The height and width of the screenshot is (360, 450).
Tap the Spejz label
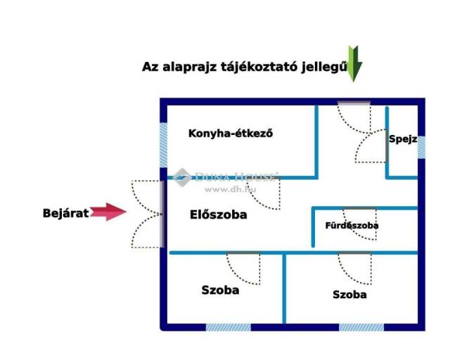click(x=403, y=139)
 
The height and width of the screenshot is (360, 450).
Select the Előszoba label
click(x=219, y=215)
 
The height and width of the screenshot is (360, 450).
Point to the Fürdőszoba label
click(x=352, y=226)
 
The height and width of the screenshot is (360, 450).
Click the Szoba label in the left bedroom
click(x=220, y=290)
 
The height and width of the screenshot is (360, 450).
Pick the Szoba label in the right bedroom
click(x=349, y=295)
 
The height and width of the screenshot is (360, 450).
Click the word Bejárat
click(x=65, y=212)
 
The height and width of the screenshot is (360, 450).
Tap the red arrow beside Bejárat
click(x=107, y=212)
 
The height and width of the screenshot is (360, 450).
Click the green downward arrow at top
click(x=354, y=63)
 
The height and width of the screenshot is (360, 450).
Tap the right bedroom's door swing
click(x=354, y=268)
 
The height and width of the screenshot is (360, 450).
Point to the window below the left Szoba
click(x=228, y=327)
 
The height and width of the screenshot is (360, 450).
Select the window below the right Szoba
click(x=361, y=327)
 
